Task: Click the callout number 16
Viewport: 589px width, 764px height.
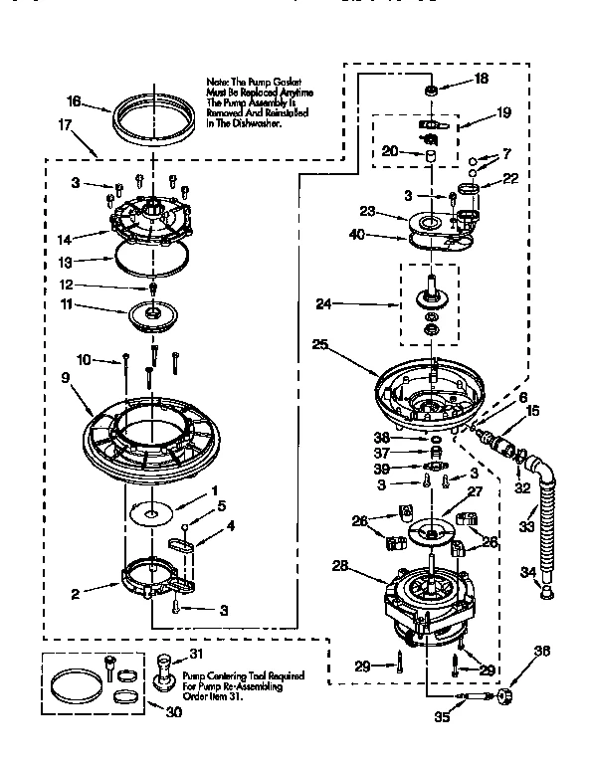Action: [73, 101]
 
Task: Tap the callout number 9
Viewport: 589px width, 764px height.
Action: [66, 377]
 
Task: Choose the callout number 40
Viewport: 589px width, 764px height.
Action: [357, 236]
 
